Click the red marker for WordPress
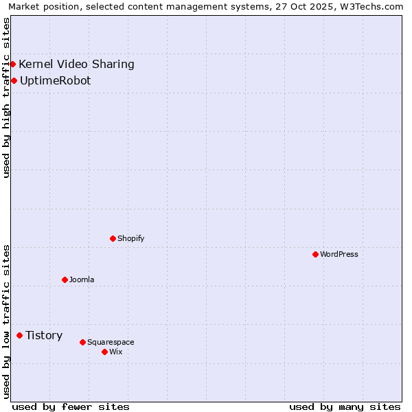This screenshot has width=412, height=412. [x=315, y=254]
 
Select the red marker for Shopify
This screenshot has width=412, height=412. [x=113, y=238]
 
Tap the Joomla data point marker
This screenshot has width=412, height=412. [x=65, y=279]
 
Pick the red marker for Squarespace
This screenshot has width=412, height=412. [x=82, y=342]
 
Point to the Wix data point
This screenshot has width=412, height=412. [x=104, y=352]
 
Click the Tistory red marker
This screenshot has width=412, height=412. [x=19, y=335]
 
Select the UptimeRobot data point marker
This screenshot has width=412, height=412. [x=14, y=80]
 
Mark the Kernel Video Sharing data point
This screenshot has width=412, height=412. [x=12, y=64]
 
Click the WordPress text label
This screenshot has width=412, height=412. [x=339, y=254]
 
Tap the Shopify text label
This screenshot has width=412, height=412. [x=130, y=238]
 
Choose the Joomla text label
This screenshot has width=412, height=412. [x=82, y=279]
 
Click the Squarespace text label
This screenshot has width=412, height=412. [x=111, y=342]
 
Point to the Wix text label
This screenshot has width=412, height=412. [x=116, y=352]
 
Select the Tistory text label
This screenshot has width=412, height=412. [x=44, y=335]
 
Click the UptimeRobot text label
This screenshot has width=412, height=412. [x=55, y=80]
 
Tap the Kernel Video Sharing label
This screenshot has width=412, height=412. [x=76, y=64]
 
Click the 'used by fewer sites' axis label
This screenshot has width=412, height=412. [x=71, y=407]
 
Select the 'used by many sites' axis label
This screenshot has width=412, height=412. [x=345, y=407]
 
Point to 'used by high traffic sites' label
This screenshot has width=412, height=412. [x=6, y=98]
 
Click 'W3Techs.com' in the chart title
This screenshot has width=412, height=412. [x=371, y=6]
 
